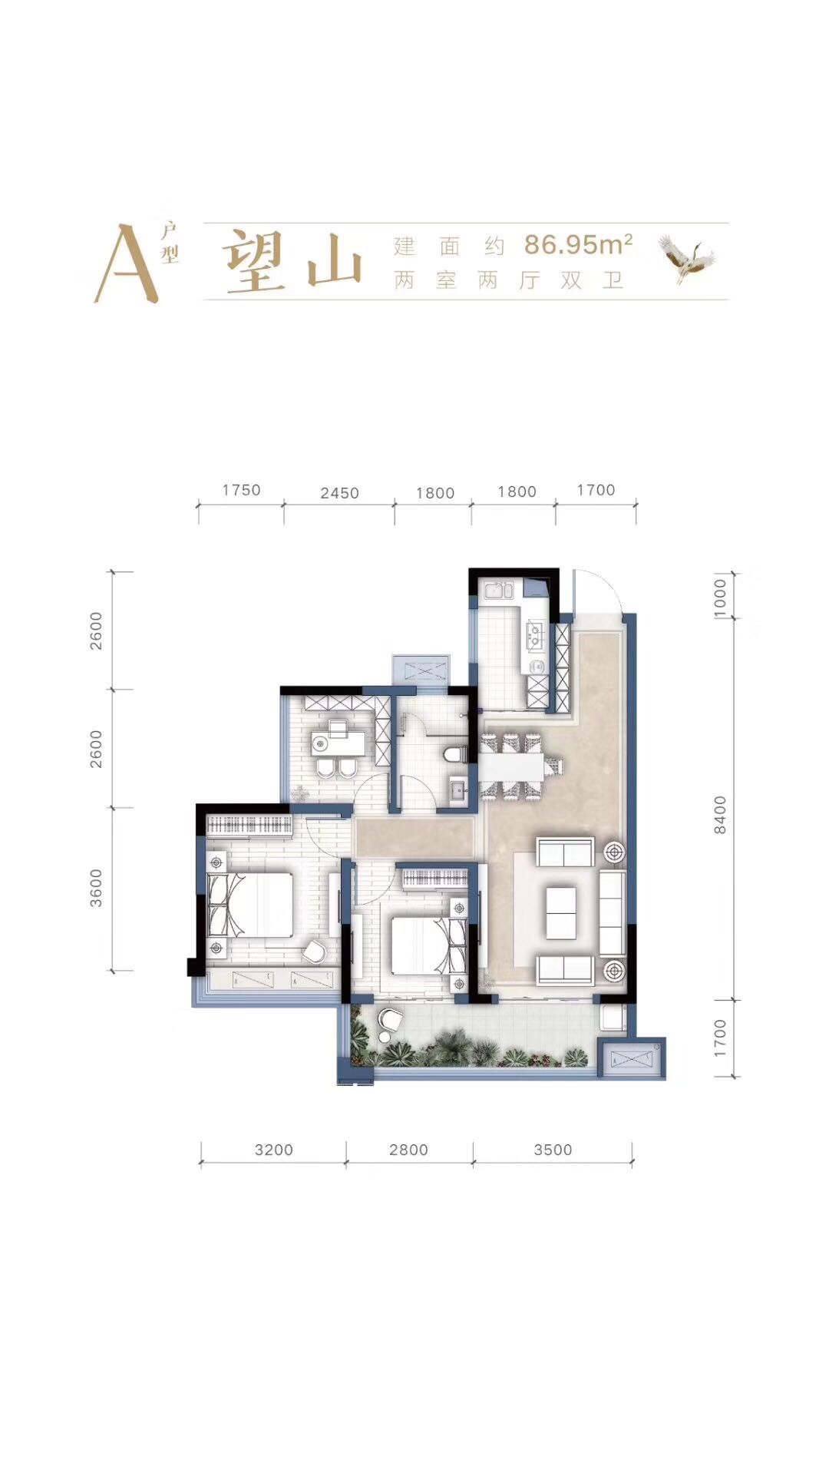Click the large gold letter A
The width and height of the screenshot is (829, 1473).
(126, 263)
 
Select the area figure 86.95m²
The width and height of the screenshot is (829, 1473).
(578, 244)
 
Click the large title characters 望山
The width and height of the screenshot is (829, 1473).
(292, 262)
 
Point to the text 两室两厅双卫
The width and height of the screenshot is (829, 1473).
(508, 280)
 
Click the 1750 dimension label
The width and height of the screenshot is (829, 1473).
(241, 490)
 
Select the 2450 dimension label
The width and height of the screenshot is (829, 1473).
(339, 493)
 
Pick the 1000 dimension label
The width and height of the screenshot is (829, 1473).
(719, 594)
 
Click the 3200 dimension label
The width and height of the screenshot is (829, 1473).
(274, 1150)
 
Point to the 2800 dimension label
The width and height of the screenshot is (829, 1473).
(408, 1150)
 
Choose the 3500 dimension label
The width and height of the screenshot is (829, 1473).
(553, 1150)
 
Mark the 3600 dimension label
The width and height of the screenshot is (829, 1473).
(96, 888)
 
